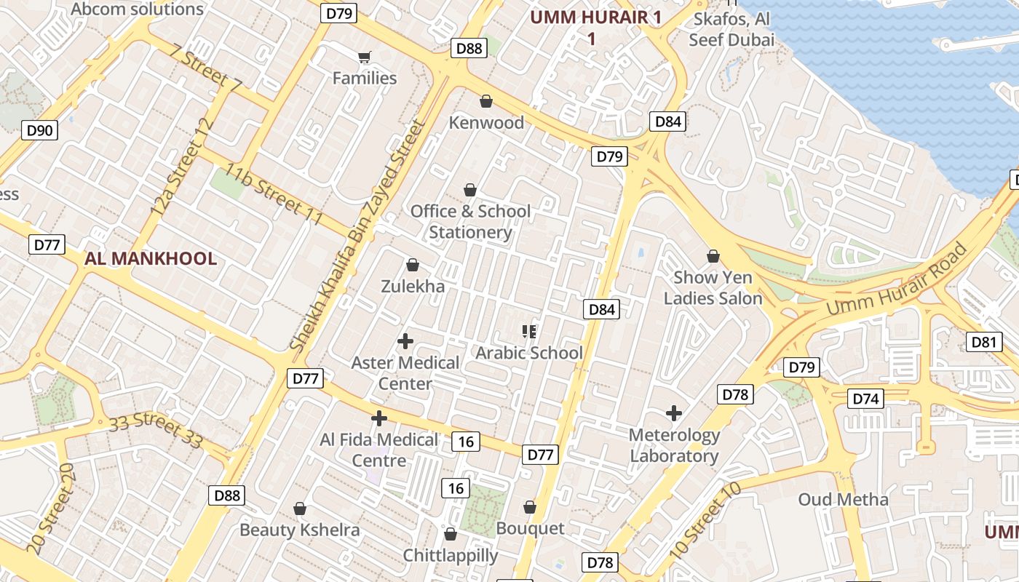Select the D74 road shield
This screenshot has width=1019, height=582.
[866, 399]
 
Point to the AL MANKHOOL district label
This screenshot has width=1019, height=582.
[151, 259]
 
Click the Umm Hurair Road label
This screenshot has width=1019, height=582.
[898, 281]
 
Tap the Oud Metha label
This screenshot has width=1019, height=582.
[843, 500]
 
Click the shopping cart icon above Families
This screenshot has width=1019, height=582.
[365, 57]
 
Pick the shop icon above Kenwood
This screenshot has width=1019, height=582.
[485, 101]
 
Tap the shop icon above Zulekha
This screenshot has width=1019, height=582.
[413, 265]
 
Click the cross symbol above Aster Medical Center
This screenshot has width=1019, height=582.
[405, 340]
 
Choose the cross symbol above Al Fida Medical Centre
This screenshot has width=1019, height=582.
[378, 418]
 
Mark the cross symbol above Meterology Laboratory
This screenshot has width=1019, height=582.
[674, 413]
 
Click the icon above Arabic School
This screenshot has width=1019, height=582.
[529, 332]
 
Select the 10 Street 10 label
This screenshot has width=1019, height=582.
[704, 521]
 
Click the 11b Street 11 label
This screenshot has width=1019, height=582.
[274, 194]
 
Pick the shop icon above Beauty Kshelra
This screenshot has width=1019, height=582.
[299, 508]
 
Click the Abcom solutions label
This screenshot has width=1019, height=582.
[138, 9]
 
